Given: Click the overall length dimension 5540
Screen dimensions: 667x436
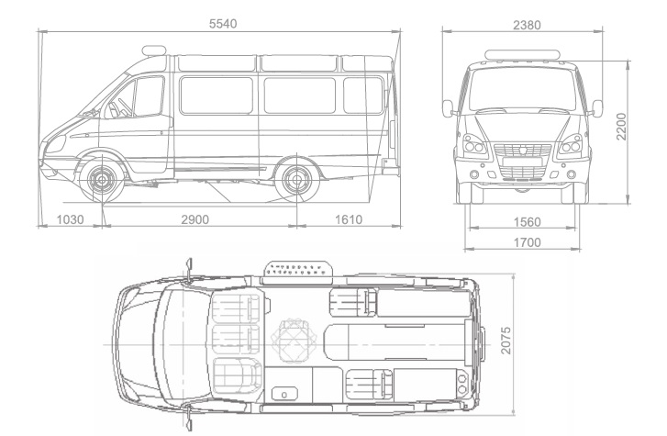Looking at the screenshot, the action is pyautogui.click(x=223, y=24).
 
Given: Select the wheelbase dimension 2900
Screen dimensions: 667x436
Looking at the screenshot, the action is pyautogui.click(x=195, y=219).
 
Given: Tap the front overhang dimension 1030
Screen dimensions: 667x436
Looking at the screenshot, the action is pyautogui.click(x=71, y=219).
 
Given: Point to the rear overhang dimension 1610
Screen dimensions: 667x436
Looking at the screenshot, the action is pyautogui.click(x=349, y=219).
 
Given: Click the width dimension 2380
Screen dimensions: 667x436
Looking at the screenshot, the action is pyautogui.click(x=527, y=25).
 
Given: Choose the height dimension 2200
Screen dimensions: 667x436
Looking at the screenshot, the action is pyautogui.click(x=621, y=127).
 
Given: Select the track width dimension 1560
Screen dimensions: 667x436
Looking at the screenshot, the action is pyautogui.click(x=527, y=222).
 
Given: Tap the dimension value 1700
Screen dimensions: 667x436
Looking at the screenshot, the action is pyautogui.click(x=527, y=242).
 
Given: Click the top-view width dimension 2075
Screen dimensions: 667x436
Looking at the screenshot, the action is pyautogui.click(x=506, y=341).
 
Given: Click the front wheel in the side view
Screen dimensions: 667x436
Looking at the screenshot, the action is pyautogui.click(x=102, y=180).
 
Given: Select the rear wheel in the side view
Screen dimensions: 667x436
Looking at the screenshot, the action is pyautogui.click(x=296, y=180).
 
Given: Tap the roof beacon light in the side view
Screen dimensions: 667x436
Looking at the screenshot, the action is pyautogui.click(x=154, y=50).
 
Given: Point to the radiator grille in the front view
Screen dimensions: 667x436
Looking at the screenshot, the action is pyautogui.click(x=522, y=161).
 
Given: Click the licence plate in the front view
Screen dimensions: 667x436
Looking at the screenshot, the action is pyautogui.click(x=522, y=162).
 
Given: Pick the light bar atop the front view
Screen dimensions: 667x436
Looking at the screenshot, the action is pyautogui.click(x=522, y=54).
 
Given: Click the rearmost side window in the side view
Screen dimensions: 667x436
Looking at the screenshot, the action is pyautogui.click(x=362, y=95).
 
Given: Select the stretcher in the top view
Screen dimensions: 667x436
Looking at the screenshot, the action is pyautogui.click(x=395, y=344).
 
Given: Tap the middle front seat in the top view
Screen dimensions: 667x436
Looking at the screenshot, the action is pyautogui.click(x=236, y=340).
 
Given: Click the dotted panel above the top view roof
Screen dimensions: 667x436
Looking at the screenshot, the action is pyautogui.click(x=298, y=273).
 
